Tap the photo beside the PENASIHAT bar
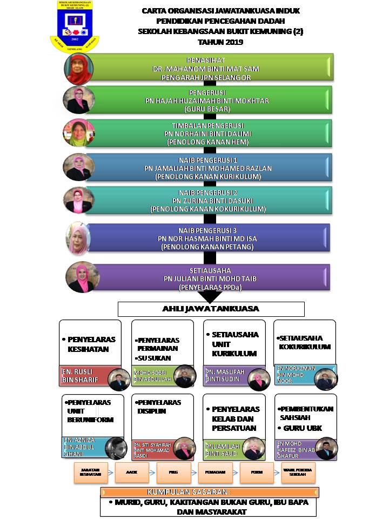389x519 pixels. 79,69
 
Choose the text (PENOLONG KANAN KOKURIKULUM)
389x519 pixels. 208,209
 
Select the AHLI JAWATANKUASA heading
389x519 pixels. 211,309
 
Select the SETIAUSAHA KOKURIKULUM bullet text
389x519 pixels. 305,342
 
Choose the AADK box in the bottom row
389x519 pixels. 132,472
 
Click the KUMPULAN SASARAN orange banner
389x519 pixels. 210,492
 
